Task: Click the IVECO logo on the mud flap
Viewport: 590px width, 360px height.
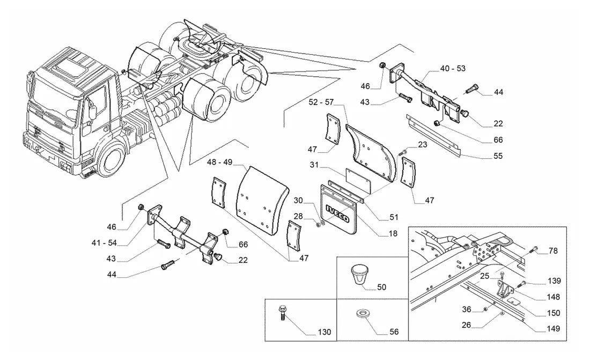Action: coord(337,213)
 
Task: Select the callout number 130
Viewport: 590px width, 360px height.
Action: coord(324,332)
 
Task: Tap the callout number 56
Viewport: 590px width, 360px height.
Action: coord(394,332)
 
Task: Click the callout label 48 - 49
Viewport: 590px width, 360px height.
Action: coord(219,162)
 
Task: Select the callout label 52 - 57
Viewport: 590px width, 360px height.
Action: coord(321,102)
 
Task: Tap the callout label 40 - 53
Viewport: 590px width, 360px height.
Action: coord(453,68)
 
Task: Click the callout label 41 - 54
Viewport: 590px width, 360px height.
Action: coord(104,243)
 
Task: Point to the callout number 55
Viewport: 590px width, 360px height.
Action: coord(498,156)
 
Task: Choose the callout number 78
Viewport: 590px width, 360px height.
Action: coord(553,251)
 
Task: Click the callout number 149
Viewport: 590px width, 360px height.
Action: coord(553,329)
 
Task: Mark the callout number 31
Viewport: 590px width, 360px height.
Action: coord(314,165)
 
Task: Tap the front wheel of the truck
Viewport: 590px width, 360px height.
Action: coord(112,161)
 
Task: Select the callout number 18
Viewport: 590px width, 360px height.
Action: coord(393,233)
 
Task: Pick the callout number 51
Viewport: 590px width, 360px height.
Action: coord(394,217)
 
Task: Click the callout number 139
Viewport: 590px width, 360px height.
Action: coord(554,281)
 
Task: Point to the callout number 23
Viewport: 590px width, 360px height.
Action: coord(423,145)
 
